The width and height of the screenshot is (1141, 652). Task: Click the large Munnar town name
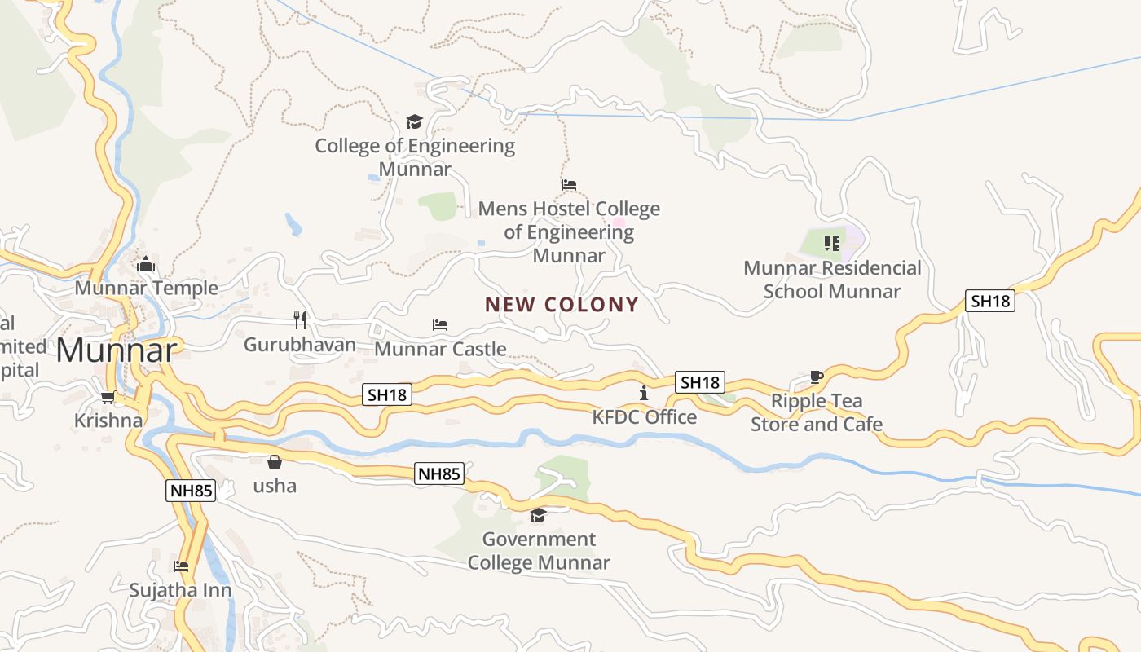(x=117, y=350)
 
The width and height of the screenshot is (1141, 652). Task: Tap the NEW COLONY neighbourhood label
(x=562, y=305)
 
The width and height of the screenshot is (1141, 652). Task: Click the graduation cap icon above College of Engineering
(x=415, y=122)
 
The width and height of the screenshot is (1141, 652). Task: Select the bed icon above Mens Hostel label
(x=569, y=185)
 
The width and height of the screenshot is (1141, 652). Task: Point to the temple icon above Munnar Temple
(x=146, y=264)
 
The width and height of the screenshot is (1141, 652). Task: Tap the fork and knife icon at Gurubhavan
(x=300, y=319)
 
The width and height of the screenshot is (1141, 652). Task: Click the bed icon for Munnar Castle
(x=440, y=325)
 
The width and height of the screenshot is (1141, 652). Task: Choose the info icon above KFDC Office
(x=644, y=393)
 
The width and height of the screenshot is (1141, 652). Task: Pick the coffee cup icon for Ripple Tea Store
(x=816, y=377)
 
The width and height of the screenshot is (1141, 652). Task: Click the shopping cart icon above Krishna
(x=108, y=397)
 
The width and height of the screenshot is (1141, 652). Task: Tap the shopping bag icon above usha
(x=275, y=462)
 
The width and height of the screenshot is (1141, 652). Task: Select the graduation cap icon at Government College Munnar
(x=538, y=515)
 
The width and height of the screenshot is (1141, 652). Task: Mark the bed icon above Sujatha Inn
(x=181, y=566)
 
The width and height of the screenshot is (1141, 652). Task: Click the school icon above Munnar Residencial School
(x=832, y=243)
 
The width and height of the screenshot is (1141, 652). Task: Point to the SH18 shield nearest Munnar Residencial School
(x=990, y=301)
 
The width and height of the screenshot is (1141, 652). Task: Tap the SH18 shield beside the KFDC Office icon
(x=700, y=382)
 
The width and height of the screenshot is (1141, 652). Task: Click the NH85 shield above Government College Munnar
(x=439, y=474)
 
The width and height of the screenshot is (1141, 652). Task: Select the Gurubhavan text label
(x=300, y=345)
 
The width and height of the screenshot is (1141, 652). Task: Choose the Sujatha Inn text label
(x=181, y=590)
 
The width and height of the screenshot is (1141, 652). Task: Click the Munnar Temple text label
(x=147, y=288)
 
